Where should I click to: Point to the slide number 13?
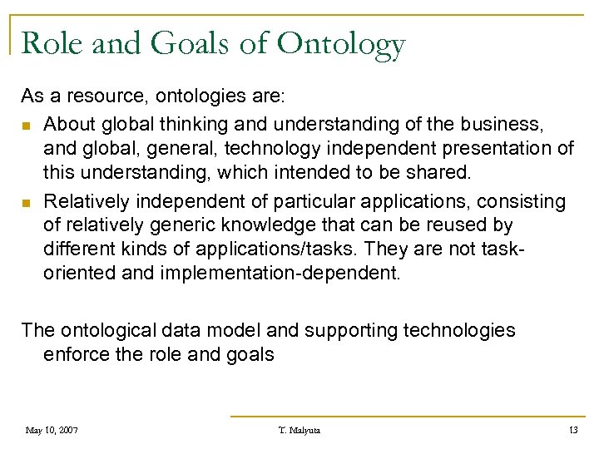tap(573, 430)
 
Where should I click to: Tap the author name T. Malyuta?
tap(299, 430)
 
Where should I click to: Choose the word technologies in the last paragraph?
tap(459, 330)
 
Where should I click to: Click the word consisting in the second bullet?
tap(522, 202)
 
